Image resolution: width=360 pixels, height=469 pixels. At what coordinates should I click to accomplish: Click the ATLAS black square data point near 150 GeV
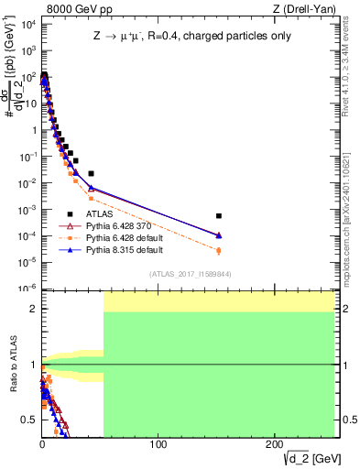click(219, 216)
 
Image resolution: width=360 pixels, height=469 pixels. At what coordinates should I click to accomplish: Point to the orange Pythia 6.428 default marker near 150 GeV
click(219, 250)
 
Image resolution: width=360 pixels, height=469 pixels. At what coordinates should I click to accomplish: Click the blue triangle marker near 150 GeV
click(219, 235)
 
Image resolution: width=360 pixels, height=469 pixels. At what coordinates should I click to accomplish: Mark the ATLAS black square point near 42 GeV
click(91, 173)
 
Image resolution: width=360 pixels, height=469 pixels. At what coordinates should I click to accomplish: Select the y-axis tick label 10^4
click(28, 25)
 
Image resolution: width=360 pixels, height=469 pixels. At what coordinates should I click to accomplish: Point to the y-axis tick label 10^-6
click(28, 288)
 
